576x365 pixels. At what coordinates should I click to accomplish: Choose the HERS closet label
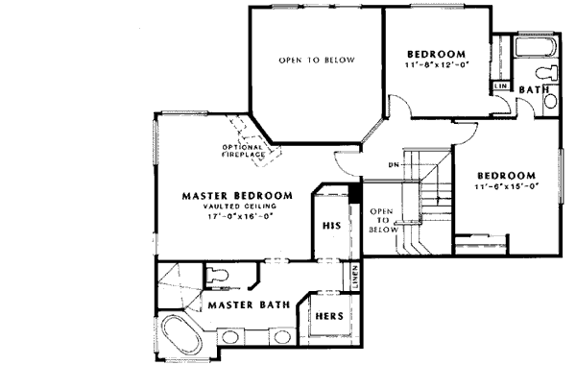tap(327, 315)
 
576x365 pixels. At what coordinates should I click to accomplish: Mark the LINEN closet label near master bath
tap(354, 276)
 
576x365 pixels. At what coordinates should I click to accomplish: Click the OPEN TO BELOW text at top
tap(317, 61)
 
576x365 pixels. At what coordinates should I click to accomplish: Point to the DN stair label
tap(394, 163)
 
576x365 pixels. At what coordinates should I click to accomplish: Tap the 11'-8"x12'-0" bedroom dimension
tap(436, 64)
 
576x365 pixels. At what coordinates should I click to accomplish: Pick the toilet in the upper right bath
tap(544, 73)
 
